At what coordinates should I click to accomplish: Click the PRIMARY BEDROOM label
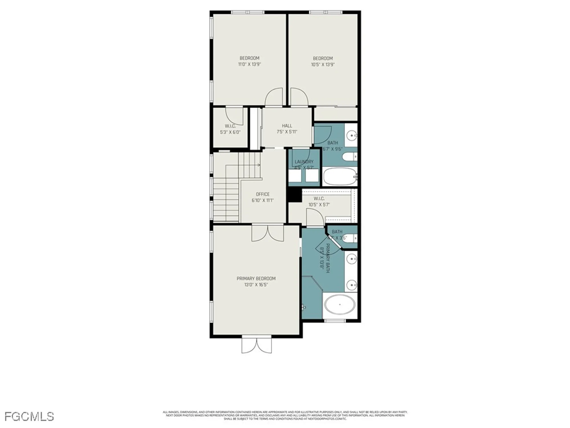pyautogui.click(x=256, y=278)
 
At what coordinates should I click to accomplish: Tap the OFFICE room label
pyautogui.click(x=262, y=194)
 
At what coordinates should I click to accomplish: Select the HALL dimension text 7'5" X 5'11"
pyautogui.click(x=287, y=132)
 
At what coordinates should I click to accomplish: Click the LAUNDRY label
pyautogui.click(x=304, y=162)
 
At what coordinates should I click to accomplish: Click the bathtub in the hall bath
pyautogui.click(x=340, y=176)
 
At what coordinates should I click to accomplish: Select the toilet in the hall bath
pyautogui.click(x=348, y=157)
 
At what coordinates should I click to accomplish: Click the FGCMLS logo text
pyautogui.click(x=29, y=417)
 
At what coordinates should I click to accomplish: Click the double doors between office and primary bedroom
pyautogui.click(x=268, y=233)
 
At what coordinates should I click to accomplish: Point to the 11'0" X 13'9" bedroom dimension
pyautogui.click(x=249, y=64)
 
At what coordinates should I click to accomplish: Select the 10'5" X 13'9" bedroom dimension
pyautogui.click(x=323, y=65)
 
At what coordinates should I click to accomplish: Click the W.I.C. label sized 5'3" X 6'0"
pyautogui.click(x=230, y=126)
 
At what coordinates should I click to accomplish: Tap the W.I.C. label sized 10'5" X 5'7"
pyautogui.click(x=319, y=199)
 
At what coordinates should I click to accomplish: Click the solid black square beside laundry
pyautogui.click(x=294, y=196)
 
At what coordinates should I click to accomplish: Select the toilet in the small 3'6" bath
pyautogui.click(x=349, y=238)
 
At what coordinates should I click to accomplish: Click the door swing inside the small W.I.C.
pyautogui.click(x=234, y=116)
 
